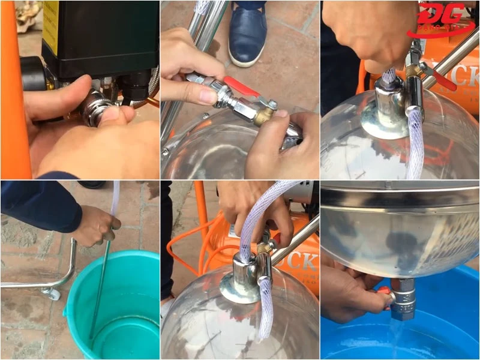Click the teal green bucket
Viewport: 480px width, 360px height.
[114, 306]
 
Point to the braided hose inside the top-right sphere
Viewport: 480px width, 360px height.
[414, 144]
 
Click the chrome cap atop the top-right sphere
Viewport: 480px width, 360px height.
[387, 111]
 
